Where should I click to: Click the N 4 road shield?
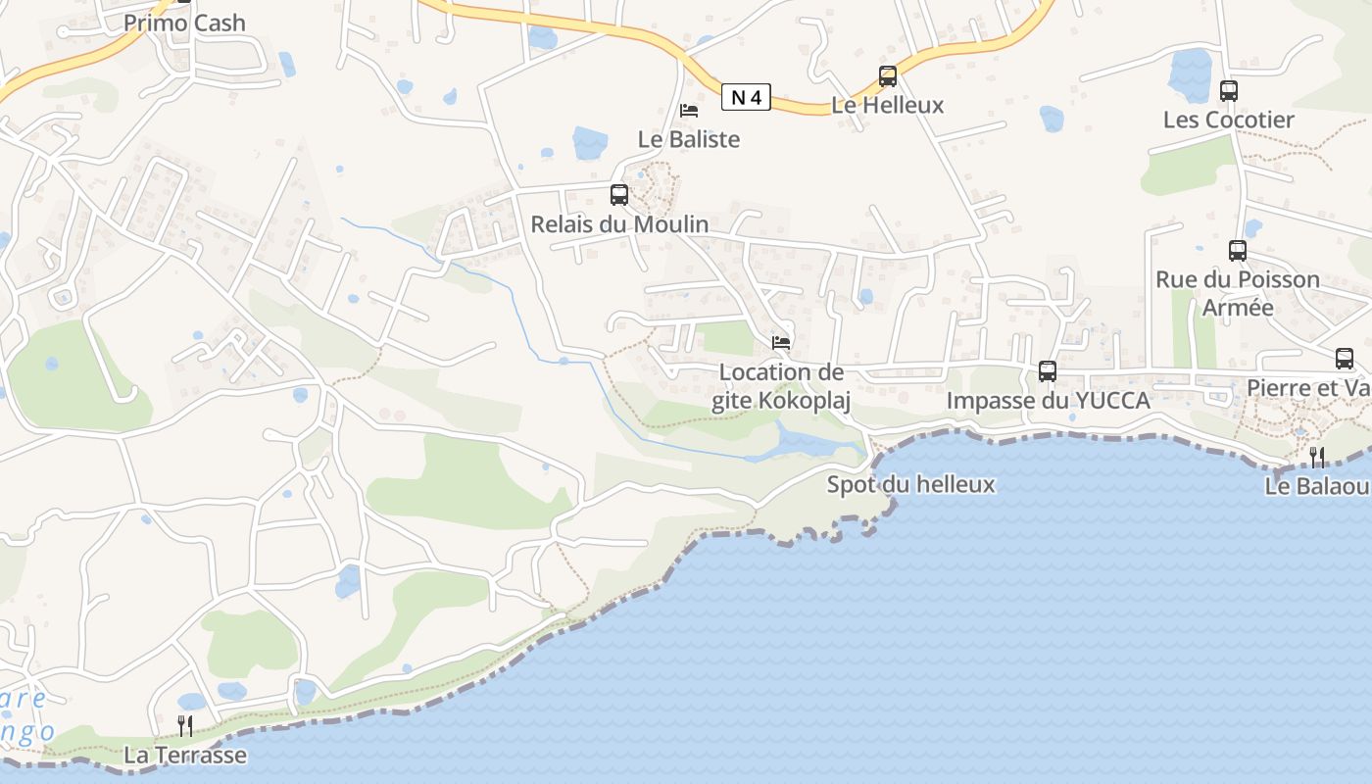pyautogui.click(x=746, y=97)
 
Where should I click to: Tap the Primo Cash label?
pyautogui.click(x=184, y=23)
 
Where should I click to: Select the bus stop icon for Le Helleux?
pyautogui.click(x=888, y=76)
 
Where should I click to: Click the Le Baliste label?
pyautogui.click(x=689, y=139)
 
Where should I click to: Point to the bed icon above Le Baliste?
pyautogui.click(x=689, y=110)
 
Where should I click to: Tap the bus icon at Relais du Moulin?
pyautogui.click(x=619, y=195)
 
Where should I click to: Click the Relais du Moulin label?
pyautogui.click(x=619, y=224)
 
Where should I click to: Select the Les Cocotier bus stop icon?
pyautogui.click(x=1229, y=91)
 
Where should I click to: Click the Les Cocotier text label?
pyautogui.click(x=1229, y=120)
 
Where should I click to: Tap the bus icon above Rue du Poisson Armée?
pyautogui.click(x=1238, y=251)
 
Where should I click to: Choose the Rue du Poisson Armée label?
pyautogui.click(x=1238, y=293)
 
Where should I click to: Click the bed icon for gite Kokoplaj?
pyautogui.click(x=781, y=343)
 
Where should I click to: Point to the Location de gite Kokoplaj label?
pyautogui.click(x=781, y=386)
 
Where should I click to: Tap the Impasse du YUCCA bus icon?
pyautogui.click(x=1048, y=371)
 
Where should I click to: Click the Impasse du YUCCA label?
pyautogui.click(x=1048, y=400)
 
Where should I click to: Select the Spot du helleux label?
pyautogui.click(x=910, y=484)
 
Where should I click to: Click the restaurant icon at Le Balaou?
pyautogui.click(x=1317, y=457)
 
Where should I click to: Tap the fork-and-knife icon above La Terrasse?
pyautogui.click(x=185, y=726)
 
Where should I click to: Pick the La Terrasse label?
pyautogui.click(x=185, y=756)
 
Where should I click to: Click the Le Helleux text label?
pyautogui.click(x=888, y=105)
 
